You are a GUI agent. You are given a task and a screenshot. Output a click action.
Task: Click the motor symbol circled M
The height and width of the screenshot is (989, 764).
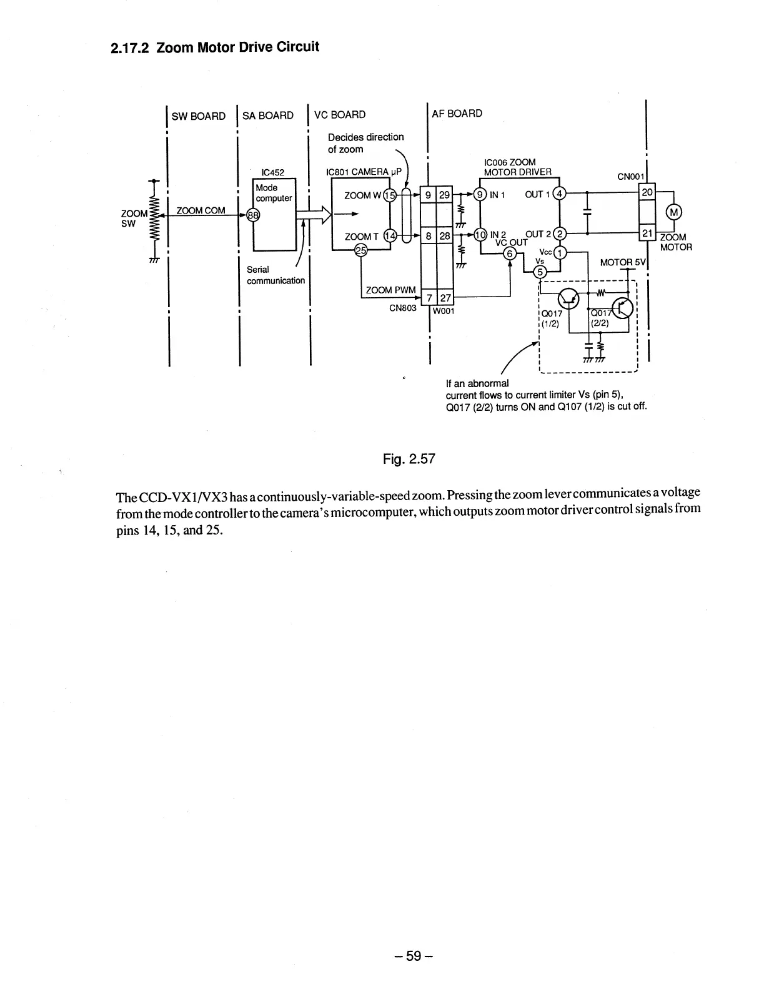tap(674, 212)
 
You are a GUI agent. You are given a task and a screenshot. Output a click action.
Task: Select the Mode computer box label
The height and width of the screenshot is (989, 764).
tap(274, 193)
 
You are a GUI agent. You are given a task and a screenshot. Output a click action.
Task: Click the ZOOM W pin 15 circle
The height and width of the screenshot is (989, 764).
tap(389, 195)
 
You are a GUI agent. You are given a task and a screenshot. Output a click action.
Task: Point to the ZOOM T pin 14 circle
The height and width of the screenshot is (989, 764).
tap(389, 236)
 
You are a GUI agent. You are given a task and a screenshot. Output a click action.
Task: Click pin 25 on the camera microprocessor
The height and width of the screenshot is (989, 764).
tap(360, 250)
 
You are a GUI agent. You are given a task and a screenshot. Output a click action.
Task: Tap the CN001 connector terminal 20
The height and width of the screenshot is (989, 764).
tap(647, 192)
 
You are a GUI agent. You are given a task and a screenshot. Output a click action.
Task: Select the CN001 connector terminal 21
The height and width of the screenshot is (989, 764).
tap(647, 233)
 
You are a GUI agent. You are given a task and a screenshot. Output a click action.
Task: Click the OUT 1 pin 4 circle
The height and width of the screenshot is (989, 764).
tap(560, 194)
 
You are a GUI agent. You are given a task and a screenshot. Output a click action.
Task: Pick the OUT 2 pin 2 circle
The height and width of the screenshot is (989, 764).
tap(560, 234)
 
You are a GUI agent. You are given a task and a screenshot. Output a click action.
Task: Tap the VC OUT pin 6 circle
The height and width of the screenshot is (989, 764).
tap(510, 253)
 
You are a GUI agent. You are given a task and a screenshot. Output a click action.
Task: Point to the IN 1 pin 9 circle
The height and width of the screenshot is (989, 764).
tap(480, 194)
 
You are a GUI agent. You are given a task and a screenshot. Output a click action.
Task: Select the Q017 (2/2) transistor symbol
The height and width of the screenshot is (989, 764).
tap(623, 307)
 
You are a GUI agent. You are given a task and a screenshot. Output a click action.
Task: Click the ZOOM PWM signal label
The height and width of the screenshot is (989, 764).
tap(390, 290)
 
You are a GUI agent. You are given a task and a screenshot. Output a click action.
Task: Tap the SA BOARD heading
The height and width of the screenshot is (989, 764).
tap(267, 116)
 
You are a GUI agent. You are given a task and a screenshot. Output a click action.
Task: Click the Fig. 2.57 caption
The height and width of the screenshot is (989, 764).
tap(409, 460)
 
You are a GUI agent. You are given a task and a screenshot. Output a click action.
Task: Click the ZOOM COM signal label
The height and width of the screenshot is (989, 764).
tap(201, 210)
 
